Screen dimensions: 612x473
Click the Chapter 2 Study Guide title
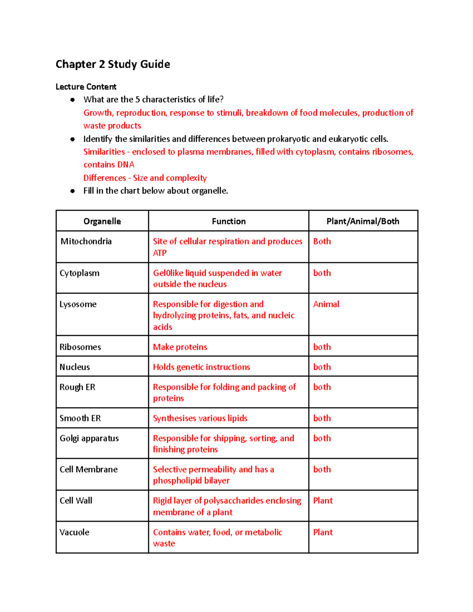coord(113,64)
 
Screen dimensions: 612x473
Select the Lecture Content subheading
coord(86,87)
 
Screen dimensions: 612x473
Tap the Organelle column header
coord(102,221)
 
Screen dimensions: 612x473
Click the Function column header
coord(229,221)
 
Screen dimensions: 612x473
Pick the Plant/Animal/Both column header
coord(363,221)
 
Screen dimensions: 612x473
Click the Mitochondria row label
coord(86,241)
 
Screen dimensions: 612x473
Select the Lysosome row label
coord(78,304)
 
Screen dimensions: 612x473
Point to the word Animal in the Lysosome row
coord(326,304)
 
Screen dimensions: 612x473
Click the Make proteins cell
coord(180,347)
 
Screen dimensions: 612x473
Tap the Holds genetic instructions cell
coord(201,367)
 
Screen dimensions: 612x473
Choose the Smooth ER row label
coord(80,419)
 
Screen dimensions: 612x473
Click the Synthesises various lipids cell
coord(200,419)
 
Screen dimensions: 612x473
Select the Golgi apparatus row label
coord(89,438)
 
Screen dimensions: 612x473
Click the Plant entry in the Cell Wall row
coord(323,501)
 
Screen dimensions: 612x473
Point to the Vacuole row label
coord(74,532)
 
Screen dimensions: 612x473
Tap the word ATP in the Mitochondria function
coord(160,253)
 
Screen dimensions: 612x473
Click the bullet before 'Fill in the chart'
coord(73,191)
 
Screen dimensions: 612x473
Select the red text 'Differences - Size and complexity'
coord(145,178)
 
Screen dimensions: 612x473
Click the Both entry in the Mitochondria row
coord(322,241)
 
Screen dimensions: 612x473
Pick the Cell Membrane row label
coord(89,469)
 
